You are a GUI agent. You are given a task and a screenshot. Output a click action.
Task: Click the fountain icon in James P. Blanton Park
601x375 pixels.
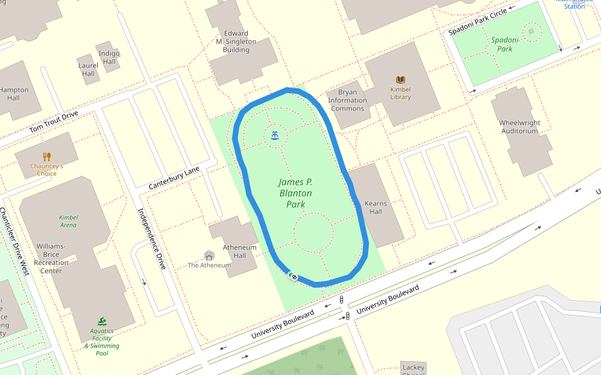point(275,134)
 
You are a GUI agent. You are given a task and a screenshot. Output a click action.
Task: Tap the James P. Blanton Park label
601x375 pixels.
point(295,193)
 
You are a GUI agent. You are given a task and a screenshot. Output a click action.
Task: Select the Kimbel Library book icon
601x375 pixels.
point(401,79)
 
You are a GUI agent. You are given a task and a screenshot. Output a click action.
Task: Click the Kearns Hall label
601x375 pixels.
point(376,207)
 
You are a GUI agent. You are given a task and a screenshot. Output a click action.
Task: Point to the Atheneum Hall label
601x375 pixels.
point(240,251)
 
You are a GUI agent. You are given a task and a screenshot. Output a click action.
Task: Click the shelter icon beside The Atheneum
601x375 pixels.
point(209,255)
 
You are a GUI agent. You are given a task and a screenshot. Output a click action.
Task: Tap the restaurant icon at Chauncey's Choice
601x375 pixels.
point(47,156)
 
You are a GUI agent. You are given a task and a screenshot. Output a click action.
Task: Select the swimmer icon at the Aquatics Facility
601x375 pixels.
point(102,321)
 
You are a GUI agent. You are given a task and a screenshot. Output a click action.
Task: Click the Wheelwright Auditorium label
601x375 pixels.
point(519,127)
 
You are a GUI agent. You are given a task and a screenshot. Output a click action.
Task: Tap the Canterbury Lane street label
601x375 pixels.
point(174,179)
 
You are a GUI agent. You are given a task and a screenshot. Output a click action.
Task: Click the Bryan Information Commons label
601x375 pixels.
point(347,101)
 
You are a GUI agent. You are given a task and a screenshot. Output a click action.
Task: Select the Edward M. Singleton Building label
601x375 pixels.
point(236,41)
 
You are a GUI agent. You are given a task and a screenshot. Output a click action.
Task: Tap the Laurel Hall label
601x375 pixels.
point(88,69)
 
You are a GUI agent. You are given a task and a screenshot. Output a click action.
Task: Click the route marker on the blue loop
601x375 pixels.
point(293,276)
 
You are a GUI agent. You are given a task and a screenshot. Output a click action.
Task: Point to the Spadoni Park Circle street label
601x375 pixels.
point(478,22)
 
